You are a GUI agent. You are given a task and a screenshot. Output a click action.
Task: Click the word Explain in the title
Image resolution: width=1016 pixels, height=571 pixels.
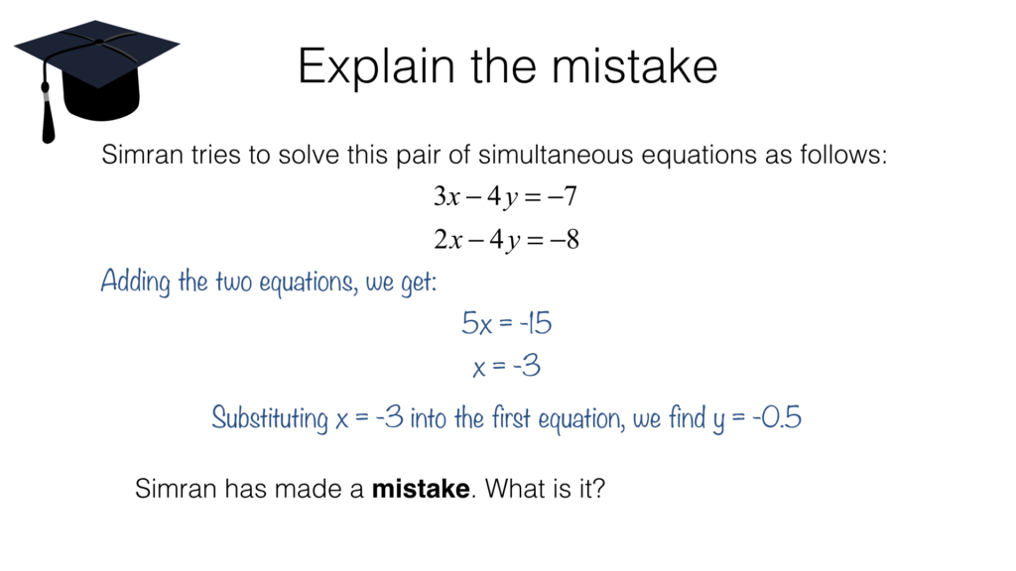click(376, 66)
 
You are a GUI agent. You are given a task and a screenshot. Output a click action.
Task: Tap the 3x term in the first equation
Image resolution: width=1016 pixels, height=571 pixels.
click(446, 195)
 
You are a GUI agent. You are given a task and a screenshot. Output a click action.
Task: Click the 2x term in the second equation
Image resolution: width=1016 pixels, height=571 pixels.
click(447, 240)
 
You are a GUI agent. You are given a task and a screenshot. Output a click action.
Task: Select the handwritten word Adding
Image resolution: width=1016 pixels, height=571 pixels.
click(135, 282)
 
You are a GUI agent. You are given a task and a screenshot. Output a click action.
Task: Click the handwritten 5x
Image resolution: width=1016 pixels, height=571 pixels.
click(477, 323)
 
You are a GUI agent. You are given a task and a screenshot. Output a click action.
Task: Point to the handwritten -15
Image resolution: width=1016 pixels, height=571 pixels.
click(535, 322)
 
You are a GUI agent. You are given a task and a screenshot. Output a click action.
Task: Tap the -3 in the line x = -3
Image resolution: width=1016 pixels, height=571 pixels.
click(527, 366)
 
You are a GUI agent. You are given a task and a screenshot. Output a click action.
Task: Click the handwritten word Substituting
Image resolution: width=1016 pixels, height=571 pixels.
click(270, 418)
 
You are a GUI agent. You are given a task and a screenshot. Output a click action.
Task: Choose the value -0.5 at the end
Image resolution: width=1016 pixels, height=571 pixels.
click(777, 417)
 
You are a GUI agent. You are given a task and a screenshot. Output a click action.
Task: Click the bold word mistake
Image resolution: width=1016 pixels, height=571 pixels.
click(421, 488)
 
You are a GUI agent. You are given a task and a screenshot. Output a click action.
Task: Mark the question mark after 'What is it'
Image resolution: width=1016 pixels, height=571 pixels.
click(597, 488)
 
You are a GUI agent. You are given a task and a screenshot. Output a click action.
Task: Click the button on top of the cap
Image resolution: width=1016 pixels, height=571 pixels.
click(99, 42)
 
